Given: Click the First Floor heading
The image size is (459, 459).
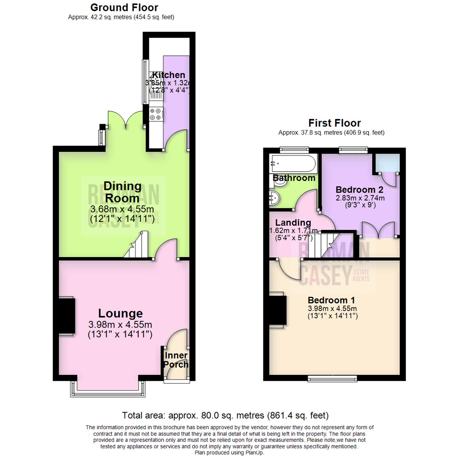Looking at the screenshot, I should (x=334, y=123).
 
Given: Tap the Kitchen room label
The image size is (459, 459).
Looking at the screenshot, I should (x=169, y=75).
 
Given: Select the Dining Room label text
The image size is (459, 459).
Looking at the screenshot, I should (x=122, y=193).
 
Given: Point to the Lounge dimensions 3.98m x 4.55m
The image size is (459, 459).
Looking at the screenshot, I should (x=120, y=325).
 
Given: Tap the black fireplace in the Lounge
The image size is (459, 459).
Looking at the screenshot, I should (x=66, y=317).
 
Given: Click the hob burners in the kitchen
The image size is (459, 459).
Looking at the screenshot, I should (x=155, y=114).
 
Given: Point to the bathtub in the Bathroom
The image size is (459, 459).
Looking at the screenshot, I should (x=293, y=163).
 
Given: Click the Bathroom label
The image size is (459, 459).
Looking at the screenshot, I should (x=294, y=178).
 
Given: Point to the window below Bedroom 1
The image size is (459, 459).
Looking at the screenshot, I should (x=332, y=378).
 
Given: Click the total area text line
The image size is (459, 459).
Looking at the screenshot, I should (x=225, y=415).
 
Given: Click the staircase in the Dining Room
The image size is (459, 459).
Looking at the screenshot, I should (x=137, y=247).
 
